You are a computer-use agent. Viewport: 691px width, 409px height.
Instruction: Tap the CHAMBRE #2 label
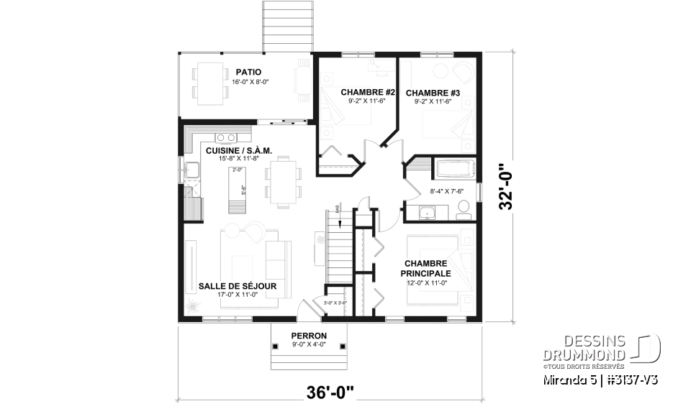pos(369,92)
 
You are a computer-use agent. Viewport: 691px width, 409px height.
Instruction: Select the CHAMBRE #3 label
pos(433,92)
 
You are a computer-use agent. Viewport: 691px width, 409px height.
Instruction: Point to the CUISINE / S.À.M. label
pos(238,151)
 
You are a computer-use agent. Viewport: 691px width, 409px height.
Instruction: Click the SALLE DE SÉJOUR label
pos(238,286)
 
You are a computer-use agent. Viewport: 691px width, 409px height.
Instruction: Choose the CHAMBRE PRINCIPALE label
pos(428,268)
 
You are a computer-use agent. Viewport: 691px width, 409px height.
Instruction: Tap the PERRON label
pos(309,336)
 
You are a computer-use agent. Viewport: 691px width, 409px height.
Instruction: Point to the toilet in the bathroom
pos(464,209)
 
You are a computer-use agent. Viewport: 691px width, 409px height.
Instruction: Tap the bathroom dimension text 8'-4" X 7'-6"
pos(446,191)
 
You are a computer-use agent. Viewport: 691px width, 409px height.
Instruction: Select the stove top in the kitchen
pos(226,137)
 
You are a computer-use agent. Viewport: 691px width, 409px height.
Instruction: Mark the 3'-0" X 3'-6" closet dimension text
pos(335,303)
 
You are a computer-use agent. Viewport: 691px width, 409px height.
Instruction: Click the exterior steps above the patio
pos(287,24)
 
